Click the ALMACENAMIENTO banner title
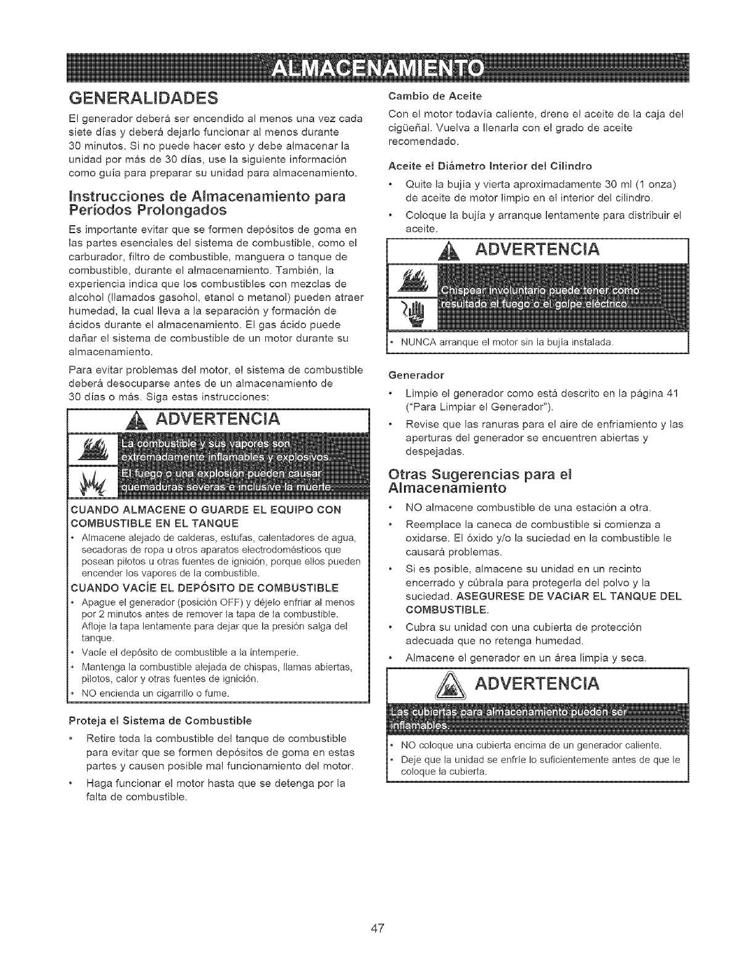(377, 68)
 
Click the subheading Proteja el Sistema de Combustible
(160, 720)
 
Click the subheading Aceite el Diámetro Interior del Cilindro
(490, 166)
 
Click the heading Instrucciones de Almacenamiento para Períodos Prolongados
(207, 203)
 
